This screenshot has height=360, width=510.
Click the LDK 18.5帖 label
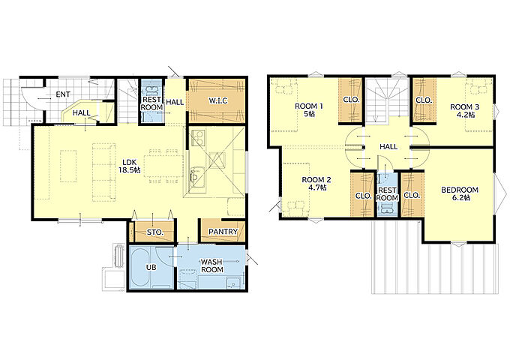point(131,166)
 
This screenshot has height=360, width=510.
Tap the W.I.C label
point(218,100)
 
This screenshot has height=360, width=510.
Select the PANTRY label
point(223,232)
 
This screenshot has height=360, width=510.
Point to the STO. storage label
point(154,232)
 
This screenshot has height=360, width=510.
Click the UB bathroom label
point(151,268)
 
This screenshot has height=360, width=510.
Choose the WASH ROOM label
point(211,265)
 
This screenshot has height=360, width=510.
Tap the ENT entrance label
point(63,94)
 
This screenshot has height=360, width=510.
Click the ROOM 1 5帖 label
point(309,110)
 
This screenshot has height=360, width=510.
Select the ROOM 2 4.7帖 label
point(316,184)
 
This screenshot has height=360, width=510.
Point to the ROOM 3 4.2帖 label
point(464,110)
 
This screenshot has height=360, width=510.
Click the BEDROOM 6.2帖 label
point(460,193)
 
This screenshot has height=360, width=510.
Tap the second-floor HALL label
point(388,147)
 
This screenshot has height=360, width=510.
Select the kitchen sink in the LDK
point(196,177)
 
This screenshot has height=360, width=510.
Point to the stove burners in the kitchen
point(198,138)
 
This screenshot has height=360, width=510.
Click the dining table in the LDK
point(163,166)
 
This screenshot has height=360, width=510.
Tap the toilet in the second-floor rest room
point(388,208)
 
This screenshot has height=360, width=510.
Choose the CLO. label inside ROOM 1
point(351,100)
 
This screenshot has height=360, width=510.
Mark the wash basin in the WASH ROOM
point(233,283)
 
